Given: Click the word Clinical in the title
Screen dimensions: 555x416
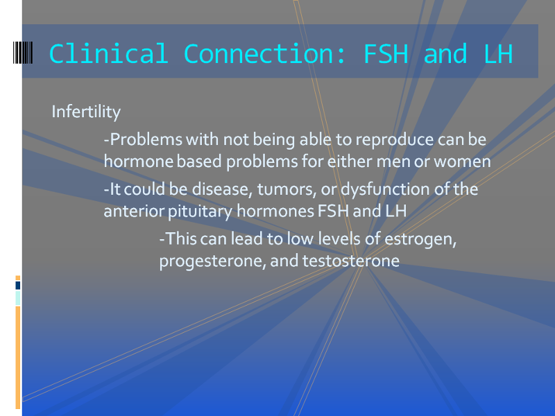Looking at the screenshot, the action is [108, 54].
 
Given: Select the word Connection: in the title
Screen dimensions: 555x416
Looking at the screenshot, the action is [264, 54].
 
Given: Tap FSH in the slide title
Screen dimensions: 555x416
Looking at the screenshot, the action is [386, 54].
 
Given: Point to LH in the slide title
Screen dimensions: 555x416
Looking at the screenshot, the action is [498, 54].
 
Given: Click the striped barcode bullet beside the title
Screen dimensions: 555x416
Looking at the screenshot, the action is [23, 53].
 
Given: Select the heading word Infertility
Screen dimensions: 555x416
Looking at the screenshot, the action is [86, 112].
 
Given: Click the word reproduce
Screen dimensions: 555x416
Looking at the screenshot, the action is [394, 140].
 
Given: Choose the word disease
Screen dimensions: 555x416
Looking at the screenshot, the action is [222, 189].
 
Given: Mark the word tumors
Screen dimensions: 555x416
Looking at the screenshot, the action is [287, 189].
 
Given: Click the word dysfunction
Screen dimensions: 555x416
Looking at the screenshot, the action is [385, 189].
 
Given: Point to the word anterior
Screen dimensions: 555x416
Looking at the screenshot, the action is [133, 211].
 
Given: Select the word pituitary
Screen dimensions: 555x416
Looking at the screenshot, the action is [200, 211].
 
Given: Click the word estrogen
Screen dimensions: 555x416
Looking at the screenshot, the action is [420, 239].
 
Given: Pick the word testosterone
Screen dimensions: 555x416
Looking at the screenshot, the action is [351, 261].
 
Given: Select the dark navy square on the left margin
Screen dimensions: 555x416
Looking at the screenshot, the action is [18, 286].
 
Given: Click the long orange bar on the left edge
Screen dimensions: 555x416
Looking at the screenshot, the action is [18, 357].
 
